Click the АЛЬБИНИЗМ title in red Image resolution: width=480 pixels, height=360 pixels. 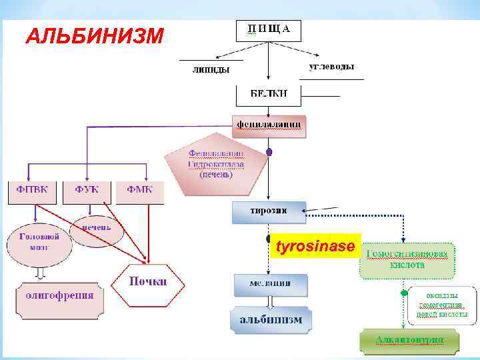click(x=93, y=35)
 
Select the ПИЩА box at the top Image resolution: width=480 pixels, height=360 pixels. click(x=268, y=29)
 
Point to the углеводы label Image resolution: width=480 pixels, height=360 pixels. click(x=331, y=67)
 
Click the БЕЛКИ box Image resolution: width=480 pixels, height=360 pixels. click(x=268, y=95)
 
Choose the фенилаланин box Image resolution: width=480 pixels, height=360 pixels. click(x=269, y=125)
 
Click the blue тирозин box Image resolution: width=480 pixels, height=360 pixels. click(x=269, y=211)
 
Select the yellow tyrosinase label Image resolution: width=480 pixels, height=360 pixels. click(x=315, y=247)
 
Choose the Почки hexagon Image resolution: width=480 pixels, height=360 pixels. click(x=147, y=283)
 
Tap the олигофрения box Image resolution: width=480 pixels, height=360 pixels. click(x=59, y=295)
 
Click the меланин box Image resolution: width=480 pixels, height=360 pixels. click(x=271, y=284)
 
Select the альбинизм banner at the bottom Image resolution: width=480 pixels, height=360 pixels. click(x=271, y=319)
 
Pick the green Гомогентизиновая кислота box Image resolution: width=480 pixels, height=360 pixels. click(x=407, y=259)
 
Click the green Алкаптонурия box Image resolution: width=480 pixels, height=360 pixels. click(x=409, y=340)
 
